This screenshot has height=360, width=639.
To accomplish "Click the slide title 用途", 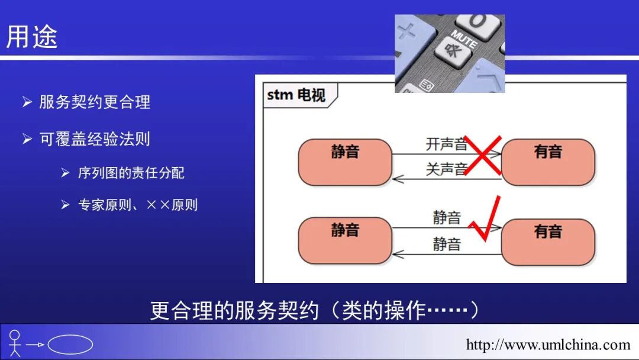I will tap(32, 37).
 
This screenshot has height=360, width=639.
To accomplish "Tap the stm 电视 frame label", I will tap(296, 95).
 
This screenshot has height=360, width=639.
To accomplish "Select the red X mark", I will tap(483, 155).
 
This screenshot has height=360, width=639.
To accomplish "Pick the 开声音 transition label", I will tap(446, 144).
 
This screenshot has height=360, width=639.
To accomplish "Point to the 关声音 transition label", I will tap(446, 169).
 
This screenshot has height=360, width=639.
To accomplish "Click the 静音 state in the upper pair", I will tap(345, 162).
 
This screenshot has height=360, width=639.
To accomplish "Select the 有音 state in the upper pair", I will tap(547, 162).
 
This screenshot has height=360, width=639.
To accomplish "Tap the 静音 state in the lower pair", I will tap(345, 240).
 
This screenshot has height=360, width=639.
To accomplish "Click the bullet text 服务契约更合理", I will tap(95, 102).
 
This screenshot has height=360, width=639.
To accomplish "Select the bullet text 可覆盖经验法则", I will tap(95, 139).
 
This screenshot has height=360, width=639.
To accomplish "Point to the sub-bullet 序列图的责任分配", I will tap(131, 173).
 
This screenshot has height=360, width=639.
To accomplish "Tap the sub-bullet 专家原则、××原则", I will tap(138, 205).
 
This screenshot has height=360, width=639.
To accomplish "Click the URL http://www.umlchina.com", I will tap(548, 345).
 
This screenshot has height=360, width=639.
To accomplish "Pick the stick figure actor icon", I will tap(15, 343).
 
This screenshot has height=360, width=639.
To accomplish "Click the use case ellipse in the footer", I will tap(70, 345).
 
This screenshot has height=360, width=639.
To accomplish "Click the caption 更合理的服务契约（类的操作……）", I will tap(314, 310).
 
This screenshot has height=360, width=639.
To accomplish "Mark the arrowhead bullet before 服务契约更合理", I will tap(27, 102).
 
